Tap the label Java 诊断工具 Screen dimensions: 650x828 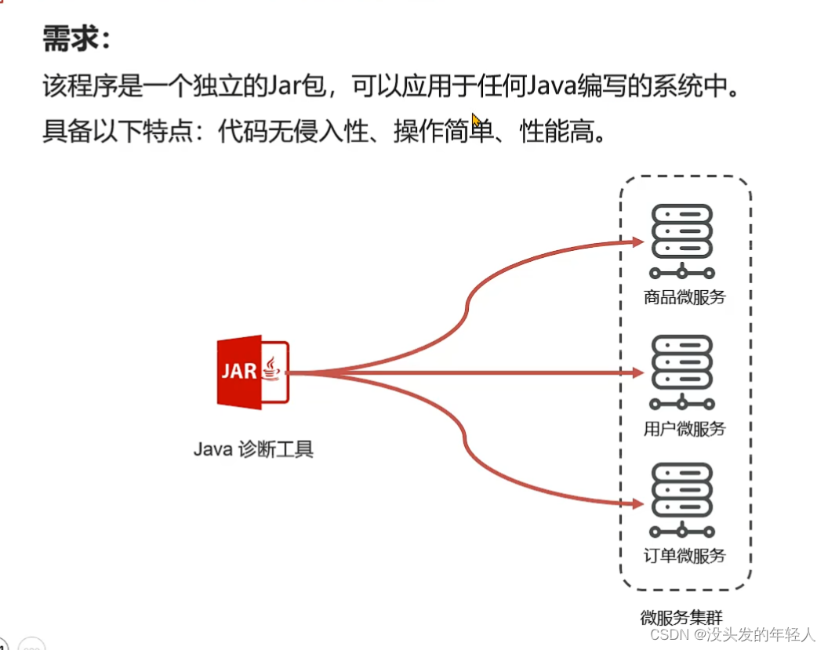pos(253,450)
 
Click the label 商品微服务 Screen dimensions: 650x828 pos(685,297)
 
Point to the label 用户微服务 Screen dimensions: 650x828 pos(685,429)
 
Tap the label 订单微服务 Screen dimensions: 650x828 pos(685,556)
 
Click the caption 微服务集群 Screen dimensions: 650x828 pos(681,617)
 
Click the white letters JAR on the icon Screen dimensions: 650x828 pos(239,370)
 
